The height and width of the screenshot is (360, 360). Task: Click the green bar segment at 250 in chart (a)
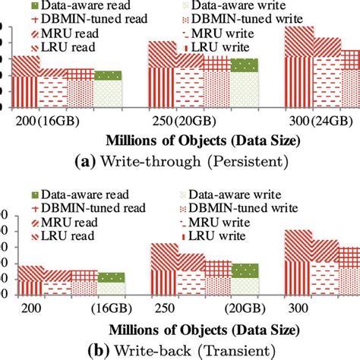pyautogui.click(x=245, y=65)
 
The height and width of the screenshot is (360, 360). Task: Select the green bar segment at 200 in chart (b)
pyautogui.click(x=111, y=277)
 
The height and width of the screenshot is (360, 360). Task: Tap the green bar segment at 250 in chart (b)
pyautogui.click(x=245, y=270)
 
